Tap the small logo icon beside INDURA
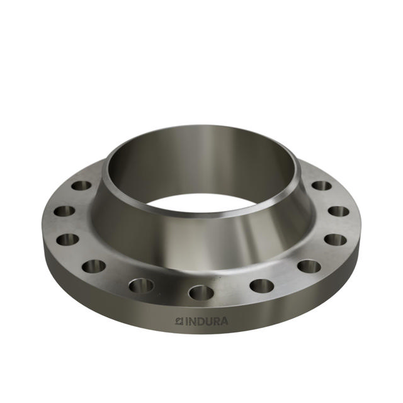[179, 321]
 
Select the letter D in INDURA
[201, 321]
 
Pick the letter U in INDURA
[210, 321]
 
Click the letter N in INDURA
[193, 321]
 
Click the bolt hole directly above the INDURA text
[201, 292]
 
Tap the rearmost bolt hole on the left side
[81, 186]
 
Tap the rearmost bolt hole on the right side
[322, 186]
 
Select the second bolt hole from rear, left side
[64, 211]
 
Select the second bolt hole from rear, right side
[338, 211]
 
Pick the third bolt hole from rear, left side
[68, 240]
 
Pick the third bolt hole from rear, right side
[334, 240]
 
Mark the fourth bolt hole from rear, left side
[93, 266]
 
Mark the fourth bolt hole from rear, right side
[309, 266]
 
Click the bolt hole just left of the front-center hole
[141, 285]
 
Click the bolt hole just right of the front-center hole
[261, 285]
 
